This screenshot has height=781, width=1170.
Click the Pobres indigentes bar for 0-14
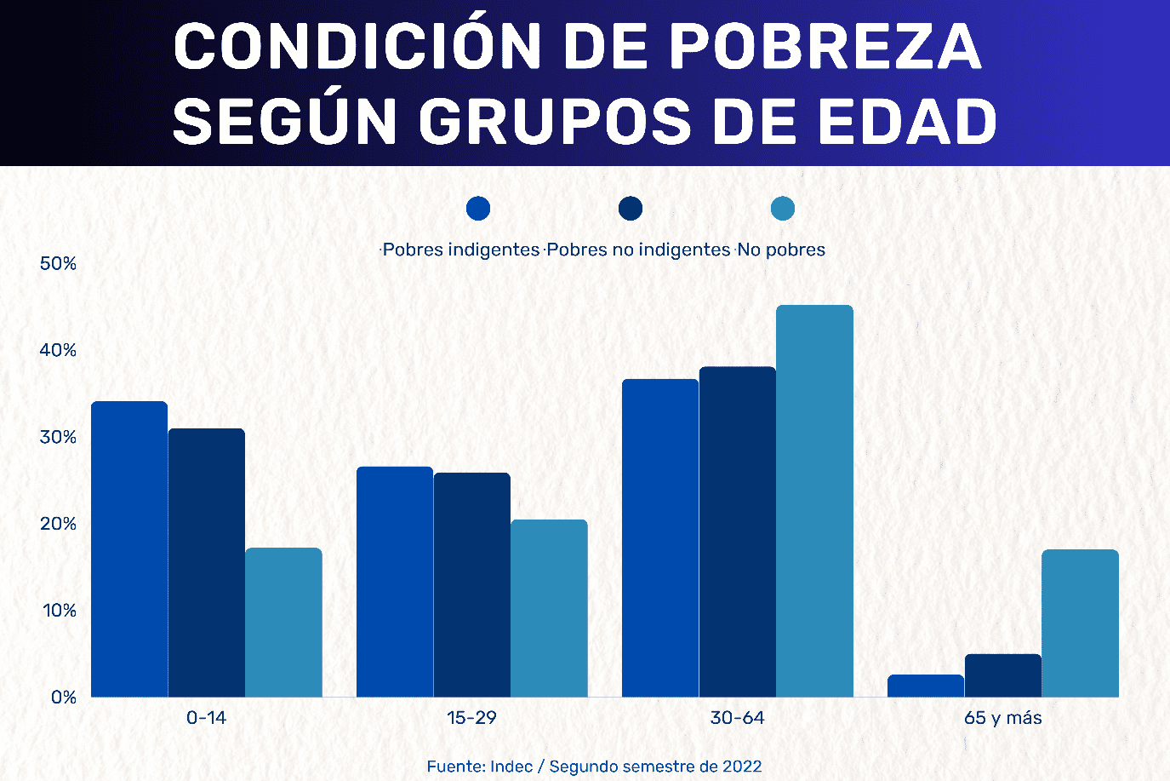coord(129,549)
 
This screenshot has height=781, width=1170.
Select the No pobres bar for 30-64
coord(814,501)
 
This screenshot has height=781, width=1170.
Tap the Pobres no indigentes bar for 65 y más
coord(1002,675)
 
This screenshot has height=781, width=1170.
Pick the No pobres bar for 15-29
coord(549,608)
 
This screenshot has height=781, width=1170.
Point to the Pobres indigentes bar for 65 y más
coord(926,686)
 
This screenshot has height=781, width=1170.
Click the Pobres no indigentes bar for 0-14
coord(207,563)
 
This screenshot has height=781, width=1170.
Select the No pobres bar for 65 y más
coord(1080,623)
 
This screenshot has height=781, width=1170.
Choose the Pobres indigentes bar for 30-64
coord(660,538)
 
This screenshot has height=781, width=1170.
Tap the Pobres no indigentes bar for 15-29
coord(472,585)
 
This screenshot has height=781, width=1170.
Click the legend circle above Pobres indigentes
coord(478,209)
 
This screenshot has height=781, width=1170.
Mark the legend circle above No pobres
coord(782,209)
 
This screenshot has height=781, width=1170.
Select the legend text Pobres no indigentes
coord(638,250)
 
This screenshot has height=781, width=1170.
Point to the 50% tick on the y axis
coord(58,264)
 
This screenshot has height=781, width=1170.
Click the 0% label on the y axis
coord(63,698)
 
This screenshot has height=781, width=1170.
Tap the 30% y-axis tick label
coord(58,438)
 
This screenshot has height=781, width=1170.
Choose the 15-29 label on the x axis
coord(471,718)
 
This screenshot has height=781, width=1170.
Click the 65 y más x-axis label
coord(1002,718)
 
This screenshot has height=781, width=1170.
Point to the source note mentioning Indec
coord(594,767)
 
